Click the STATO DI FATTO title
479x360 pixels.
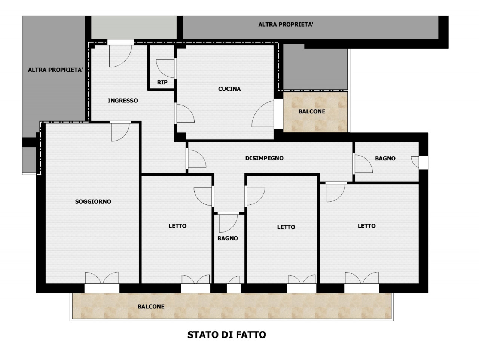(226, 335)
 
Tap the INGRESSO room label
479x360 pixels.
(123, 101)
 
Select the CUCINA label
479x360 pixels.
(229, 89)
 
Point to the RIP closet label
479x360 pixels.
(162, 82)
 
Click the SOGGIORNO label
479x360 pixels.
(93, 201)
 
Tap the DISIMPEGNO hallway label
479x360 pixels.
(264, 158)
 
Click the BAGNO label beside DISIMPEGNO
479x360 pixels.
(385, 159)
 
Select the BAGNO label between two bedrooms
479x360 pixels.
(228, 239)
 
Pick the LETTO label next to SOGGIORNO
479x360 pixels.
(177, 226)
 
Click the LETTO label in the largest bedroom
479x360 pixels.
(367, 226)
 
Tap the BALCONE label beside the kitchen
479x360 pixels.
(312, 111)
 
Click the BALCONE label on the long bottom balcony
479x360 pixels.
(151, 307)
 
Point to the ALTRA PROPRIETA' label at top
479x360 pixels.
(286, 24)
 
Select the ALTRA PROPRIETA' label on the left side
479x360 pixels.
(55, 70)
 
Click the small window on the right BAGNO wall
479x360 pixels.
(423, 162)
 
